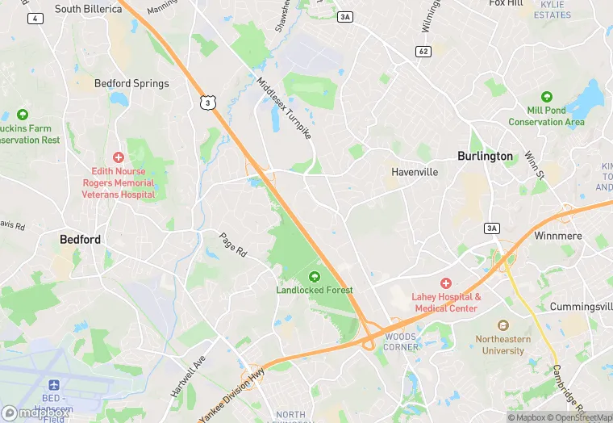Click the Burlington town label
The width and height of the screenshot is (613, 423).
tap(485, 157)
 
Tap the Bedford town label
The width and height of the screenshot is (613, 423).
tap(81, 240)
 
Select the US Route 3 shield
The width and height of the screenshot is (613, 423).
tap(209, 103)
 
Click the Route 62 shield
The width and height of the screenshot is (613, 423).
tap(423, 52)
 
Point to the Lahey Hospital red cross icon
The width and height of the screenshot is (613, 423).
tap(446, 283)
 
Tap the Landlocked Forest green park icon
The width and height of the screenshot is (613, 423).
tap(315, 277)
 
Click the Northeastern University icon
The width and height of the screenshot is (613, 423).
tap(504, 325)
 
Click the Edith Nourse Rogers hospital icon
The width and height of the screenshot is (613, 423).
tap(119, 157)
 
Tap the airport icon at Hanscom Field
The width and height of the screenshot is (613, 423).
tap(54, 385)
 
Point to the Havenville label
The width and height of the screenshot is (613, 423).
tap(415, 172)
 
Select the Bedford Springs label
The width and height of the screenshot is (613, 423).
tap(131, 83)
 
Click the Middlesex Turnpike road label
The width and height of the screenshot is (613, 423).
tap(284, 107)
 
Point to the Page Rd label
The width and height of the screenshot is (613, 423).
tap(233, 245)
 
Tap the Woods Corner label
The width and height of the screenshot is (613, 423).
tap(401, 341)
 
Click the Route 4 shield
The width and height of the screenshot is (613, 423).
tap(35, 18)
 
